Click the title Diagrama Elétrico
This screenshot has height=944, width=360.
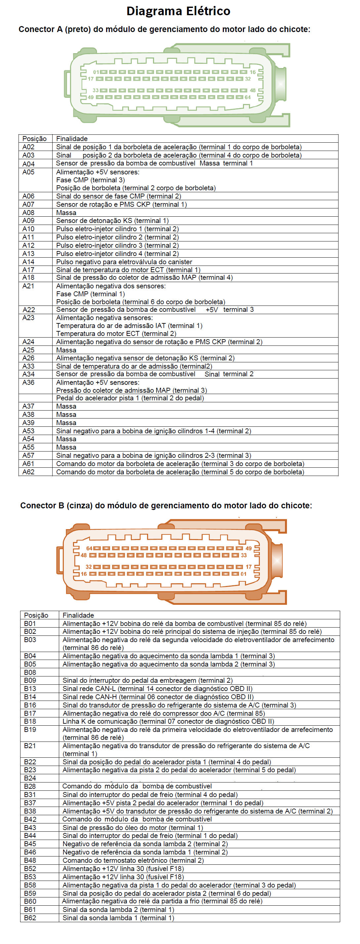pos(178,11)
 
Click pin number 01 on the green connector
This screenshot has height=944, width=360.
pos(96,72)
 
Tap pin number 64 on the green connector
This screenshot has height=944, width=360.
pos(248,97)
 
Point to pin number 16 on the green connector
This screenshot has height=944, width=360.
pos(253,72)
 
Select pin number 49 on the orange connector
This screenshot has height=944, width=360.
pos(249,549)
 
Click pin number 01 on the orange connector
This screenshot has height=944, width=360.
pos(243,574)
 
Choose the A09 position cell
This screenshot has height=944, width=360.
pos(28,221)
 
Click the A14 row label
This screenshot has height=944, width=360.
pos(28,262)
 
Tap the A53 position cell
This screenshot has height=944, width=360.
pos(28,431)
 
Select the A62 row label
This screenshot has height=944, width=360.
pos(28,472)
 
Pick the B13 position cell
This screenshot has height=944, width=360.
pos(30,689)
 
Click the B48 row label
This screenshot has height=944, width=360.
pos(30,860)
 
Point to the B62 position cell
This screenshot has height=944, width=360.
pos(30,918)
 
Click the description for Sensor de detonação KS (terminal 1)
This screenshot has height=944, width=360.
pos(112,221)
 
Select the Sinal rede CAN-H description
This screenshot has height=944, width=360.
pos(158,697)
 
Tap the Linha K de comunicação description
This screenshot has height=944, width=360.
pos(168,721)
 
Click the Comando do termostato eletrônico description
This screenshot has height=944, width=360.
pos(133,860)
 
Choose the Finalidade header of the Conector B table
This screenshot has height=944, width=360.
pos(78,615)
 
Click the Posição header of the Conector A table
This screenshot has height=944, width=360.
pos(34,138)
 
